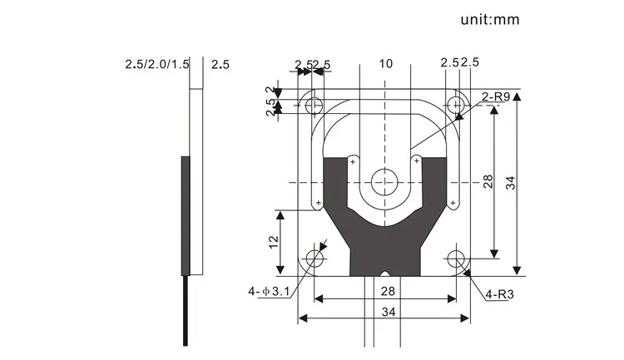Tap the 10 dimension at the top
[x=385, y=63]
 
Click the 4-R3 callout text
[x=501, y=293]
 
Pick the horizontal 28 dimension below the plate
[x=385, y=290]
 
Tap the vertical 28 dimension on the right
[x=488, y=181]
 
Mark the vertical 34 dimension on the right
[x=511, y=181]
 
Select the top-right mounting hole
[x=455, y=105]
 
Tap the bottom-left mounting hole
[x=314, y=259]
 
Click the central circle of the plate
[x=385, y=180]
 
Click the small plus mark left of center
[x=353, y=161]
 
